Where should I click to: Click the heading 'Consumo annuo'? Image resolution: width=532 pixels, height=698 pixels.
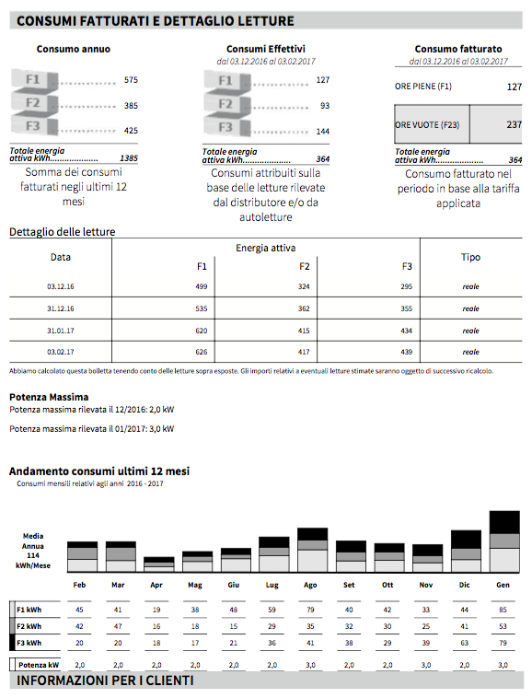click(x=74, y=49)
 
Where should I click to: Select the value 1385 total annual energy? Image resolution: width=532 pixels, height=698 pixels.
click(x=129, y=158)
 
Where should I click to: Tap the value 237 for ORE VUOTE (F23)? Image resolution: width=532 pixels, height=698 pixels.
click(x=514, y=124)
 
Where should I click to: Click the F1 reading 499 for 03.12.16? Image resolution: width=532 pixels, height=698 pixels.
click(x=201, y=286)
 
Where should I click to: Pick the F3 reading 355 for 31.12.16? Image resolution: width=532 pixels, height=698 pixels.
click(x=406, y=308)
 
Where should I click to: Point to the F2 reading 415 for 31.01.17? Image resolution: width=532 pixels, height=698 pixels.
click(x=304, y=331)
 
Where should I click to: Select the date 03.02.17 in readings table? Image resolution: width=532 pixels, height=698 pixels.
click(x=61, y=352)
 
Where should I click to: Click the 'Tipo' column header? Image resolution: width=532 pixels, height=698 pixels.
click(x=470, y=257)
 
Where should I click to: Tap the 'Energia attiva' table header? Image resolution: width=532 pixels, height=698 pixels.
click(x=266, y=248)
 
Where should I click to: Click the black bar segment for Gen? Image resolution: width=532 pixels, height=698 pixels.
click(x=504, y=522)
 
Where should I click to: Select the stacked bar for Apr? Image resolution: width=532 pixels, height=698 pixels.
click(x=159, y=564)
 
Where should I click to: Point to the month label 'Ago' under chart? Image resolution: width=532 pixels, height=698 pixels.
click(x=310, y=585)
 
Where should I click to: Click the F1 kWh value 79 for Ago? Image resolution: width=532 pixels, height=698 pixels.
click(x=310, y=610)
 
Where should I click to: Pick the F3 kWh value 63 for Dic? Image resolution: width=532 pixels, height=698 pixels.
click(x=465, y=643)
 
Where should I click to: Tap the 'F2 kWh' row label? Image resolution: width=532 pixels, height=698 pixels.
click(x=29, y=626)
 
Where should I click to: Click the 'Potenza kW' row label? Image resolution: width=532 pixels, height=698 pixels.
click(x=39, y=665)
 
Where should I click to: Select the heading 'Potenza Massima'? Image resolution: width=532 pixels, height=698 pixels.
click(x=49, y=397)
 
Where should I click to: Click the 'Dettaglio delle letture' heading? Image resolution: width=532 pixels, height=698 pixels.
click(x=63, y=231)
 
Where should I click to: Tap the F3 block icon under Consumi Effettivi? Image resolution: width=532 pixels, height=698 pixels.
click(x=226, y=127)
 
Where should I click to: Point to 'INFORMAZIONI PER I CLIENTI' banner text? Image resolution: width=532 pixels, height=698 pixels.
click(x=105, y=681)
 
